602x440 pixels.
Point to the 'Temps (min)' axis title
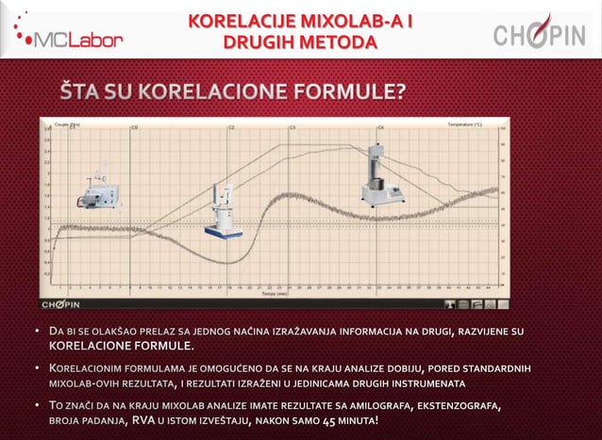tap(276, 294)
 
